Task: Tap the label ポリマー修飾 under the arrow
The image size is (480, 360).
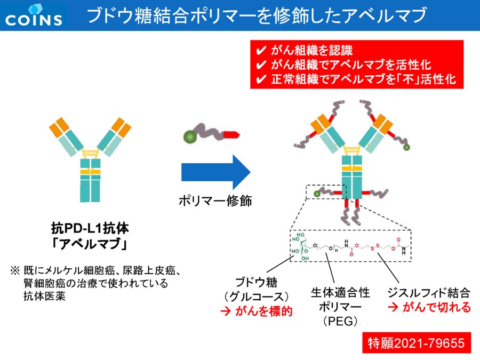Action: tap(215, 201)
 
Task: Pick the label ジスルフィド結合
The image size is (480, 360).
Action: tap(429, 293)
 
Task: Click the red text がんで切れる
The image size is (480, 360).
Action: tap(429, 308)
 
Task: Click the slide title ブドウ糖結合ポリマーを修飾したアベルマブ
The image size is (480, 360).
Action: tap(257, 16)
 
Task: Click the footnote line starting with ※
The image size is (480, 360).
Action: tap(99, 270)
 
